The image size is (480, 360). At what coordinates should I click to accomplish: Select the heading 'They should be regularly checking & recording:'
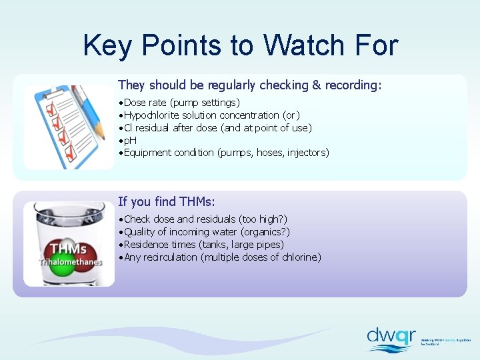[x=250, y=85]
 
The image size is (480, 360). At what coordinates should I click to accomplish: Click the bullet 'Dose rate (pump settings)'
[x=180, y=103]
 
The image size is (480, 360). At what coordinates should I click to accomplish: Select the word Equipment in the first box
[x=149, y=153]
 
